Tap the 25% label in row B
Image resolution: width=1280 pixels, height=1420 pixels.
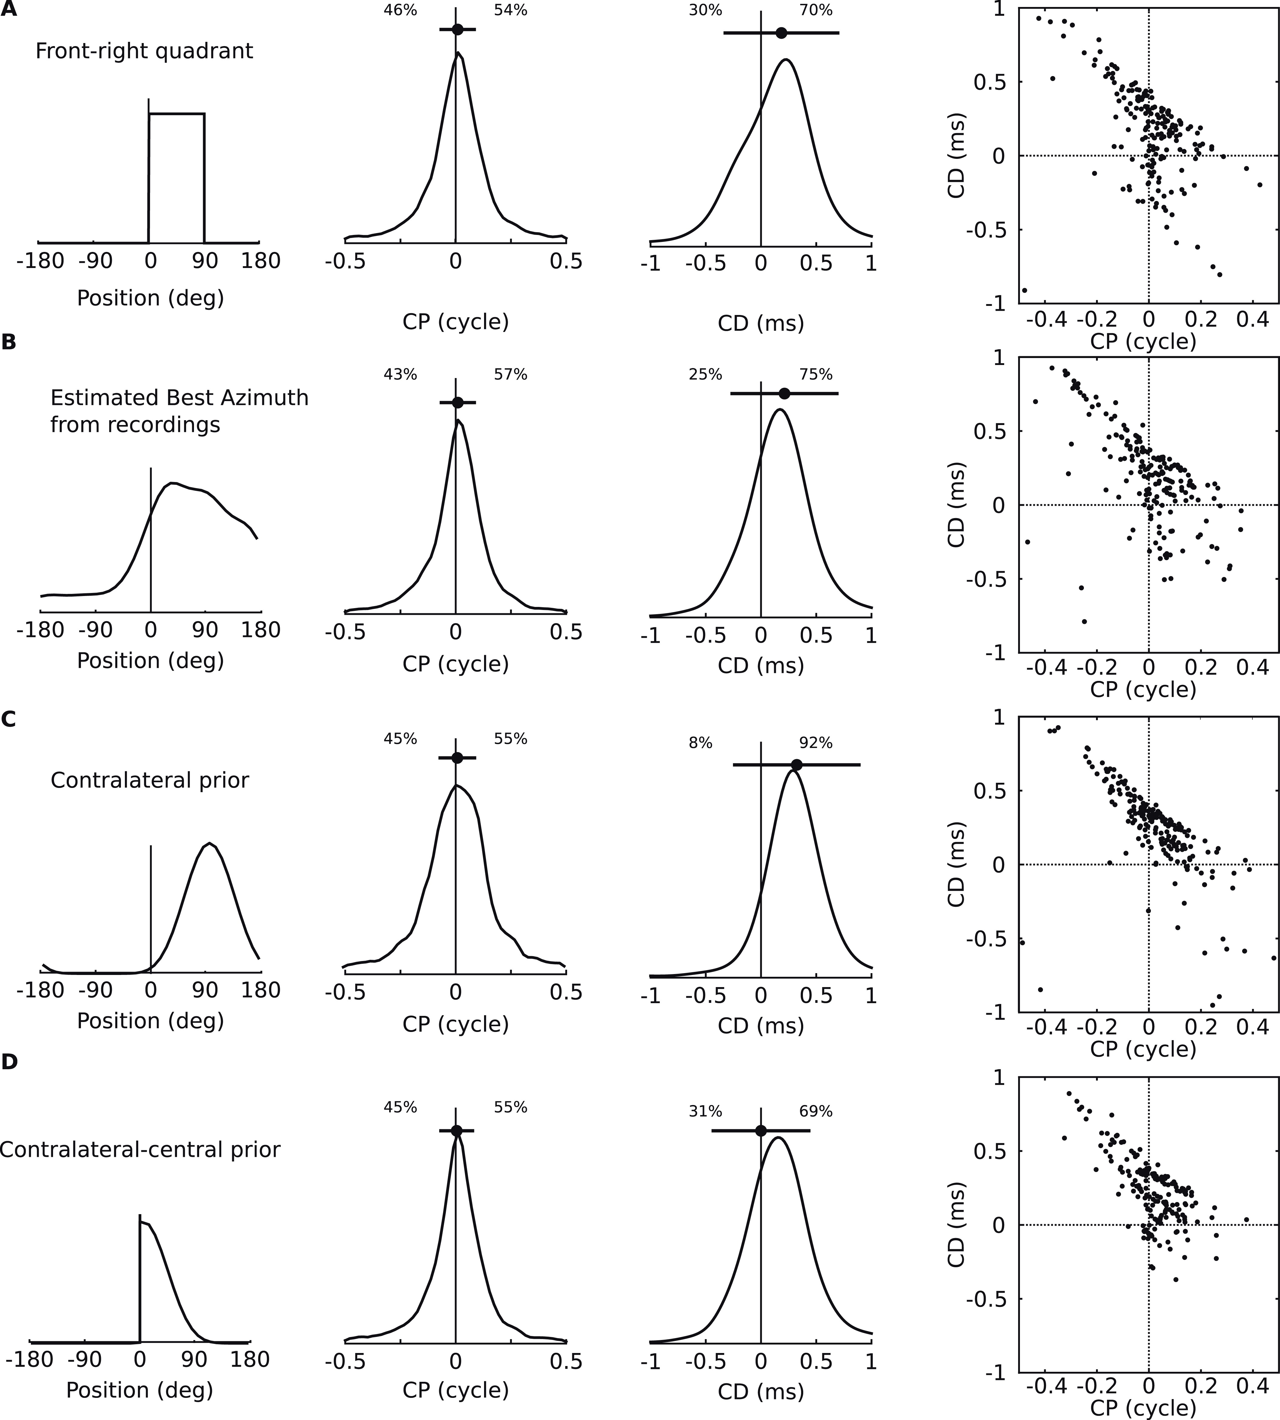click(705, 374)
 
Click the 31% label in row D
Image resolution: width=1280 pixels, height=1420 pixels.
click(705, 1111)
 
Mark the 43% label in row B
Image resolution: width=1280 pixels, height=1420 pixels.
click(400, 374)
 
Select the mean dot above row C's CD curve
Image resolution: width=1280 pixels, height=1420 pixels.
click(796, 765)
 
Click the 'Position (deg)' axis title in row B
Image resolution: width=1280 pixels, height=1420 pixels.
click(151, 660)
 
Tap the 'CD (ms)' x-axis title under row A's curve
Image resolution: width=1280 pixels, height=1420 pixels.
click(760, 323)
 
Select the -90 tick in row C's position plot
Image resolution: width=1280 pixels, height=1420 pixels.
click(96, 990)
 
